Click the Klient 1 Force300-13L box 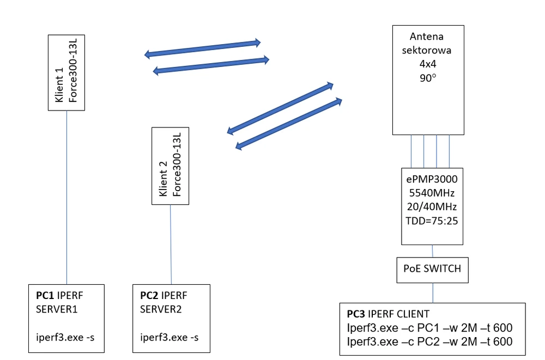[66, 72]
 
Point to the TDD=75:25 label [432, 222]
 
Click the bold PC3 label [356, 314]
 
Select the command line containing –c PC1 [429, 328]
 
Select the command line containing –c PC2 [429, 343]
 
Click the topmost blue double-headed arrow [202, 48]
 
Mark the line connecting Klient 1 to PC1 [66, 196]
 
